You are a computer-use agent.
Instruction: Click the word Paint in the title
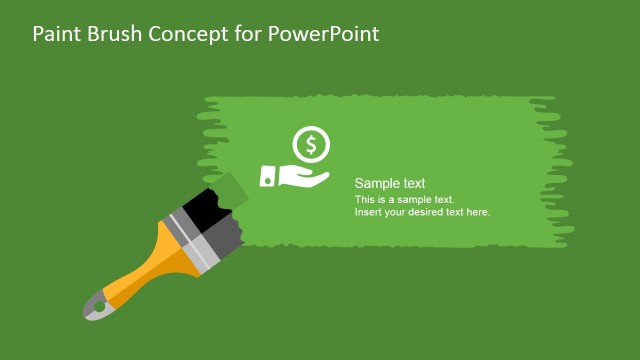click(55, 34)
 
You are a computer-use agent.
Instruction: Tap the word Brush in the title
click(114, 34)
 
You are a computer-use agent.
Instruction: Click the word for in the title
click(247, 34)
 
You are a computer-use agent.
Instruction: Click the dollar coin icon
click(311, 146)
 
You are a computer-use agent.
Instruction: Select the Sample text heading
click(390, 184)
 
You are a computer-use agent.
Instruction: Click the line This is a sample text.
click(404, 200)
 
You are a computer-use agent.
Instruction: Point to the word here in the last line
click(476, 212)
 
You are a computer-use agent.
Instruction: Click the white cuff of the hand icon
click(267, 177)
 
